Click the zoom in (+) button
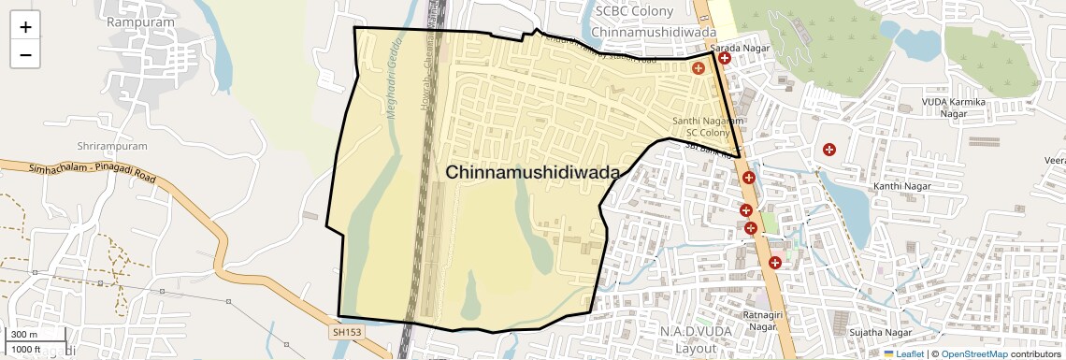25,27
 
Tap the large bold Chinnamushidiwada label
533,173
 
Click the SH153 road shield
345,331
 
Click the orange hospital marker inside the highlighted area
698,68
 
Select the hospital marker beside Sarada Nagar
724,58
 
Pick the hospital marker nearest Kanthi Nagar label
828,149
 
